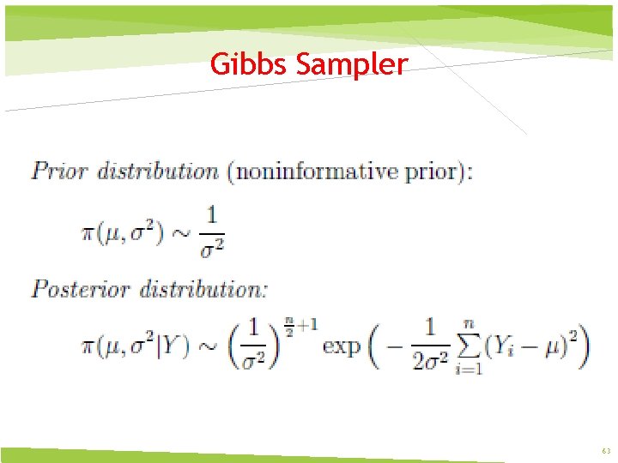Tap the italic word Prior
(59, 171)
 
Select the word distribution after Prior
(158, 171)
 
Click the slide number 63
(606, 451)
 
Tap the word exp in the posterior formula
(342, 347)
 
